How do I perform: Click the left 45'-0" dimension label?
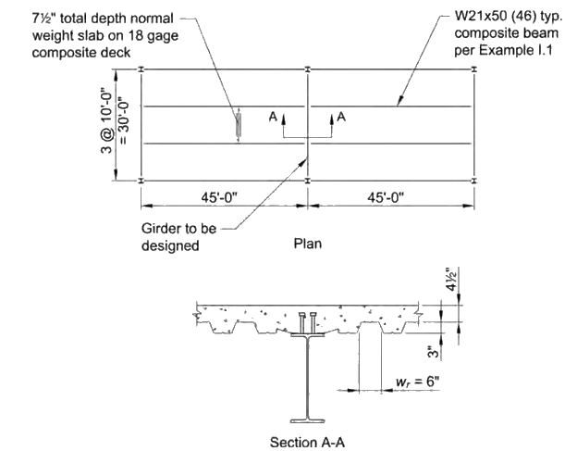click(223, 196)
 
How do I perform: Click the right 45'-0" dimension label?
click(389, 196)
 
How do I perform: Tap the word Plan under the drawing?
click(307, 244)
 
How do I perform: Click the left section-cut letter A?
click(274, 118)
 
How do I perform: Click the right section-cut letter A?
click(342, 117)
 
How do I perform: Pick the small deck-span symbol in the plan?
click(239, 125)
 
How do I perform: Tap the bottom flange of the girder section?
click(307, 421)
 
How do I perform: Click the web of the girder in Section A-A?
click(307, 380)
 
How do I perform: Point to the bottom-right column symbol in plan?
click(474, 181)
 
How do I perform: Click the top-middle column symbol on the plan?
click(308, 69)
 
